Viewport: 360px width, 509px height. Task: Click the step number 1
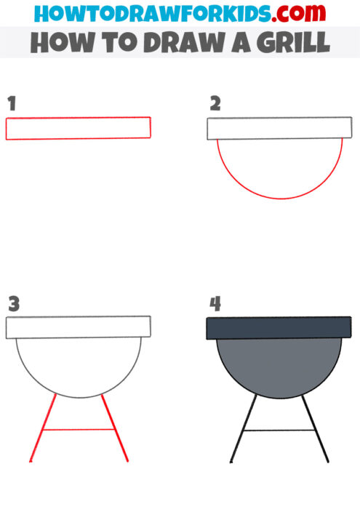[11, 104]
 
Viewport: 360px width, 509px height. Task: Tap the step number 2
[215, 104]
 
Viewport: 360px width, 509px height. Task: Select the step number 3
[14, 303]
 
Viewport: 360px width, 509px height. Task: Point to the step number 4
[215, 303]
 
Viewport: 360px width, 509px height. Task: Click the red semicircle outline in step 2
[279, 198]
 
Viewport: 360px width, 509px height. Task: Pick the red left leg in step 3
[43, 429]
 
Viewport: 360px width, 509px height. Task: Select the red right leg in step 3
[115, 429]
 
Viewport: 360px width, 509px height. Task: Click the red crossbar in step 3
[79, 430]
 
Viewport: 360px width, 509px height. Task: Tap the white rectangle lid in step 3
[78, 326]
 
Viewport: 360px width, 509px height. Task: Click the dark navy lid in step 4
[279, 327]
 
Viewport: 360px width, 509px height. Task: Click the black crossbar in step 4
[279, 430]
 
